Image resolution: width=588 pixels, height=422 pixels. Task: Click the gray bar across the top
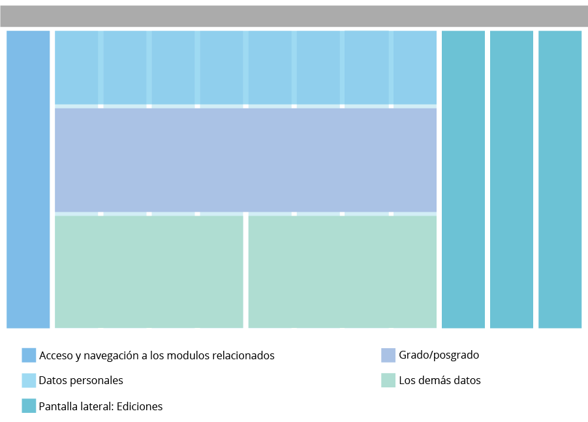(x=294, y=16)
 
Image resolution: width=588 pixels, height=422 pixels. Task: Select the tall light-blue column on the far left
(x=28, y=179)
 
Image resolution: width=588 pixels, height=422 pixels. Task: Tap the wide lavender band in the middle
(x=245, y=159)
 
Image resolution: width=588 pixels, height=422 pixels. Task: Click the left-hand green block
(x=149, y=270)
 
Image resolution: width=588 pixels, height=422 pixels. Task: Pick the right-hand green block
(x=342, y=270)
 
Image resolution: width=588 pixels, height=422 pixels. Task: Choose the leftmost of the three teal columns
(x=463, y=179)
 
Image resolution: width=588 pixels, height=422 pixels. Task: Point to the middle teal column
(x=512, y=179)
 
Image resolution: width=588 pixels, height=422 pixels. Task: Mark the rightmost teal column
(x=560, y=179)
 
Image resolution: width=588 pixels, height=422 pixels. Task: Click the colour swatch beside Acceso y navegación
(x=29, y=355)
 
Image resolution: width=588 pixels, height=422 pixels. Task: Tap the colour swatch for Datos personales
(x=29, y=380)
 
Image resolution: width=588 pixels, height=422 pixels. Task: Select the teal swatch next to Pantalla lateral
(x=29, y=406)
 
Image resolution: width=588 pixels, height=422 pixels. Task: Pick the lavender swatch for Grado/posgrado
(x=388, y=355)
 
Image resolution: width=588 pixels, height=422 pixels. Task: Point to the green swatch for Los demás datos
(x=388, y=380)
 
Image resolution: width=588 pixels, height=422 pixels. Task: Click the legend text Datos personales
(x=81, y=380)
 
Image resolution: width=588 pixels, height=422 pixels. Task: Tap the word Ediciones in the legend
(x=140, y=406)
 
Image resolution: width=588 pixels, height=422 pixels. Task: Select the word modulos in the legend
(x=188, y=355)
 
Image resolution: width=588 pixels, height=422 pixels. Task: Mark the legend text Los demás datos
(x=439, y=380)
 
